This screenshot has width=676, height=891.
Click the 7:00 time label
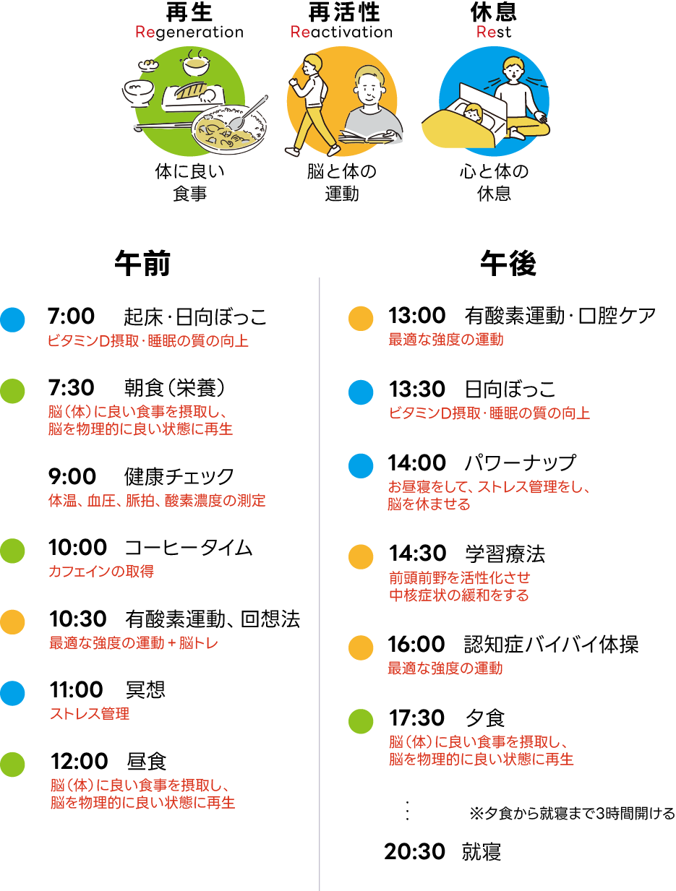tap(71, 317)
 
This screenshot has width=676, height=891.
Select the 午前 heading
tap(142, 264)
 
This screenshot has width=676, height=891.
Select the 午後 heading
tap(508, 264)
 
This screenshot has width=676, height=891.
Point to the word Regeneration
tap(189, 33)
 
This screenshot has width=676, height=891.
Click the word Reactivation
tap(342, 33)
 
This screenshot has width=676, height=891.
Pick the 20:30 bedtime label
tap(414, 852)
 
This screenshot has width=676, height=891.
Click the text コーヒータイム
tap(188, 548)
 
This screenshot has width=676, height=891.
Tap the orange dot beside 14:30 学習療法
tap(361, 557)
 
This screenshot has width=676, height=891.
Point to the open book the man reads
tap(371, 135)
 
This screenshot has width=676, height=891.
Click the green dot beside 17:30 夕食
tap(361, 720)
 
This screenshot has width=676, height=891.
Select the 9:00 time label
tap(72, 477)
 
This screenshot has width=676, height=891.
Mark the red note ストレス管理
tap(90, 714)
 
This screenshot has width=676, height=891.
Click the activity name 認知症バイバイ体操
tap(551, 645)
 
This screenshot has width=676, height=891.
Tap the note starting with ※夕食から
tap(572, 814)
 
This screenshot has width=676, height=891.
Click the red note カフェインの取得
tap(101, 572)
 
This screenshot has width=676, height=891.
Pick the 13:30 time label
tap(416, 389)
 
